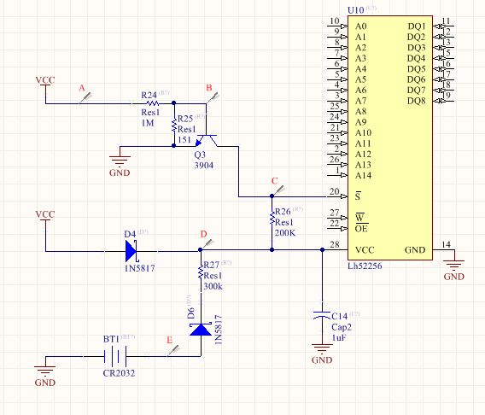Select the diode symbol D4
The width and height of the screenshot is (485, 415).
[131, 250]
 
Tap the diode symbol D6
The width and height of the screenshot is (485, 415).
[201, 328]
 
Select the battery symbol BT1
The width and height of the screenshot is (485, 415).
[111, 359]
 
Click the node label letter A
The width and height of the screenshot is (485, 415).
[82, 88]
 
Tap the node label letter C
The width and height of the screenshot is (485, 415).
[273, 181]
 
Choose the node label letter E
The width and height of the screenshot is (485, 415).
[168, 341]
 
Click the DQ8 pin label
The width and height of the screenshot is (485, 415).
[416, 101]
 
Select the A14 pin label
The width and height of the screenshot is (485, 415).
[365, 175]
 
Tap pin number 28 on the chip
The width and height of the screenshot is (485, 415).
[334, 246]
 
